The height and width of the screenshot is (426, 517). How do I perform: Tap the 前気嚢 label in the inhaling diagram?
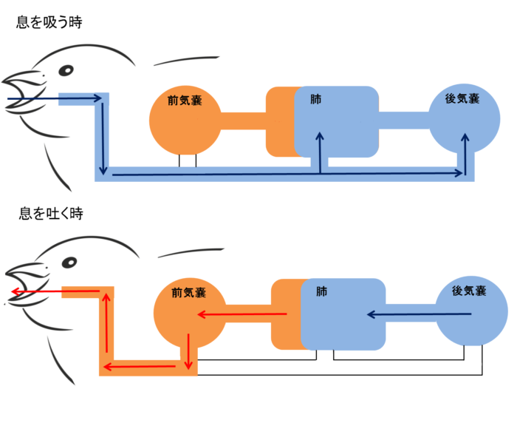pos(185,101)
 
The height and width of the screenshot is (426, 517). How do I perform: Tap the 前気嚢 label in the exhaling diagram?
pos(188,292)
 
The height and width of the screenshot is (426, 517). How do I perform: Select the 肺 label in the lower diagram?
pos(321,291)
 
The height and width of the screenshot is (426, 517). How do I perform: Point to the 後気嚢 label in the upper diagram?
pos(462,98)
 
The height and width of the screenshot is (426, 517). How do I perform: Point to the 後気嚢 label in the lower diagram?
pos(468,291)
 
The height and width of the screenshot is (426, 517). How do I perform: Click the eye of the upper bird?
pos(66,71)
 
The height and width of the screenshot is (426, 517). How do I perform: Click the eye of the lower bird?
pos(69,263)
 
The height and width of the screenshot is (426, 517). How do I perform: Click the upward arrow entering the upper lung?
pos(321,152)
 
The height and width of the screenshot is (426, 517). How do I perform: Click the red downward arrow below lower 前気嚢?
pos(190,351)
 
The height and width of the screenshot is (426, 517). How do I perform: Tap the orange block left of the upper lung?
pos(280,121)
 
